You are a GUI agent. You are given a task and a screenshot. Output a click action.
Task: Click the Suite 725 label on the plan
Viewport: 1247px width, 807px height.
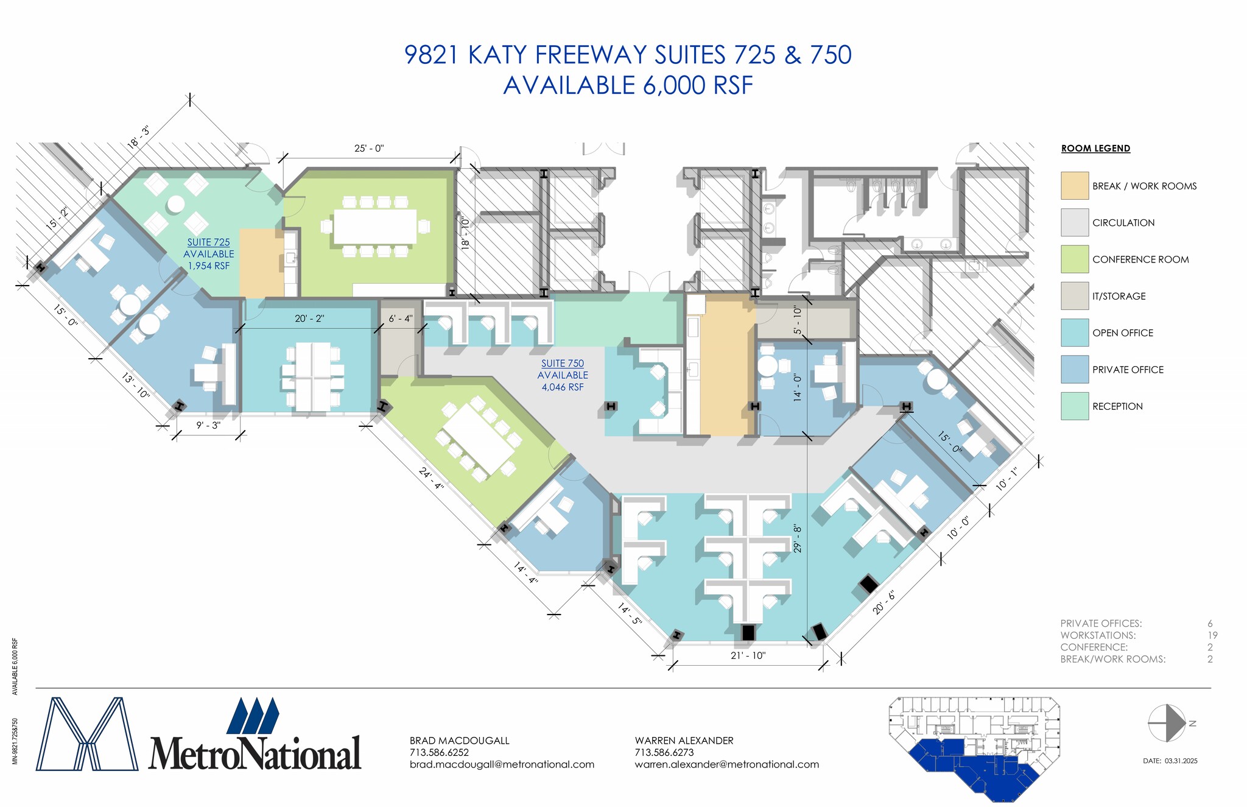[208, 242]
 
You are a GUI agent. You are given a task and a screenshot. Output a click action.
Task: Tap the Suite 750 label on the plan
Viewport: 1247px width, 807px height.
[563, 364]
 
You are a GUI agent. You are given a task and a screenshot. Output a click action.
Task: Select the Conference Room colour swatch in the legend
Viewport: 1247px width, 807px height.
[1074, 259]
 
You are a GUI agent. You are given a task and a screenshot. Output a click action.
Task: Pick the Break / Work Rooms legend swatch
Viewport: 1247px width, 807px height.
[1074, 186]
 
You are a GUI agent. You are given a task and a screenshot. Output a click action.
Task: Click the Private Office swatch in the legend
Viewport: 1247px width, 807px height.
[1074, 369]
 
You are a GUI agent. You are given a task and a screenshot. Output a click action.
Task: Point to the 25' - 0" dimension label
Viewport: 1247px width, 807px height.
[369, 149]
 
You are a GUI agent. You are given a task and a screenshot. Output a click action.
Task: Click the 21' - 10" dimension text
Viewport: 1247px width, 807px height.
[748, 655]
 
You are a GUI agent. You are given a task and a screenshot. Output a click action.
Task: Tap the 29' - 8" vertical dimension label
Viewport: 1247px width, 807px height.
[798, 538]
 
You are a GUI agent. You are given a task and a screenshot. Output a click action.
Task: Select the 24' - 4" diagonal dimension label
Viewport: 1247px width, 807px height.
[432, 478]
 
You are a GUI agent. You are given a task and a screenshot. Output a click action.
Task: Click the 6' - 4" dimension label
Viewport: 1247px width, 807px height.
[401, 319]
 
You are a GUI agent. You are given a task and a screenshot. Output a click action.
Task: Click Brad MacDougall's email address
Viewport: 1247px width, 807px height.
[502, 764]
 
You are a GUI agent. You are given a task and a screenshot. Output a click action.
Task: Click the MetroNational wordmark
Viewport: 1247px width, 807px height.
[255, 753]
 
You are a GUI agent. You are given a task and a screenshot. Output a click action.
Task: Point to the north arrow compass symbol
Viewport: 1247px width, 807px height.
[1166, 723]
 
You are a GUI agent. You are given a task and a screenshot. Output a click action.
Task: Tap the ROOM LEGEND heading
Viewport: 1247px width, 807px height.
[1095, 149]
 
